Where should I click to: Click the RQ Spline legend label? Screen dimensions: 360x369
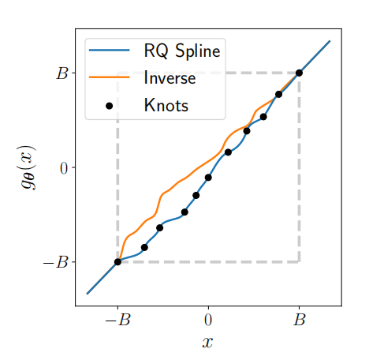coord(181,53)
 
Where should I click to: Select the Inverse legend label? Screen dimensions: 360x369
coord(169,78)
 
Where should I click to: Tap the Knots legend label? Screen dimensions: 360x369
coord(166,104)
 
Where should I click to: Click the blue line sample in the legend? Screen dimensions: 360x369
coord(109,52)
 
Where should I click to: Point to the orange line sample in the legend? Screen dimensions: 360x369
coord(109,78)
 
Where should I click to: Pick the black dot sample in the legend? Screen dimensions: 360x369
coord(109,104)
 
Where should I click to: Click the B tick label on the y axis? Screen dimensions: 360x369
coord(61,73)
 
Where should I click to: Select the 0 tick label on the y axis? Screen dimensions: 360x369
coord(62,167)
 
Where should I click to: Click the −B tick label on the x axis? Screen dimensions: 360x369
coord(117,321)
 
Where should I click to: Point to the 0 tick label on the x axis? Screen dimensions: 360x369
coord(208,321)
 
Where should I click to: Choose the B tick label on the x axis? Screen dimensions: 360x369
coord(299,321)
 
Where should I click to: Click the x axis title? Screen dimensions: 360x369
coord(207,342)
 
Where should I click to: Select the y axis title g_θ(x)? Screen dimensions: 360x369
coord(29,167)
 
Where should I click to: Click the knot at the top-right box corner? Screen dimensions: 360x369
coord(299,73)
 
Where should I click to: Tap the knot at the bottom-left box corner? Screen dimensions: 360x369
coord(117,262)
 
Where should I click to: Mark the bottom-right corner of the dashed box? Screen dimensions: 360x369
coord(299,261)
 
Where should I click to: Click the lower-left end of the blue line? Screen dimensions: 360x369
coord(88,293)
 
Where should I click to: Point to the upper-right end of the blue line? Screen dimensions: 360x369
coord(330,40)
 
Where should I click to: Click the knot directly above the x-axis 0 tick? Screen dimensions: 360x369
coord(208,178)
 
